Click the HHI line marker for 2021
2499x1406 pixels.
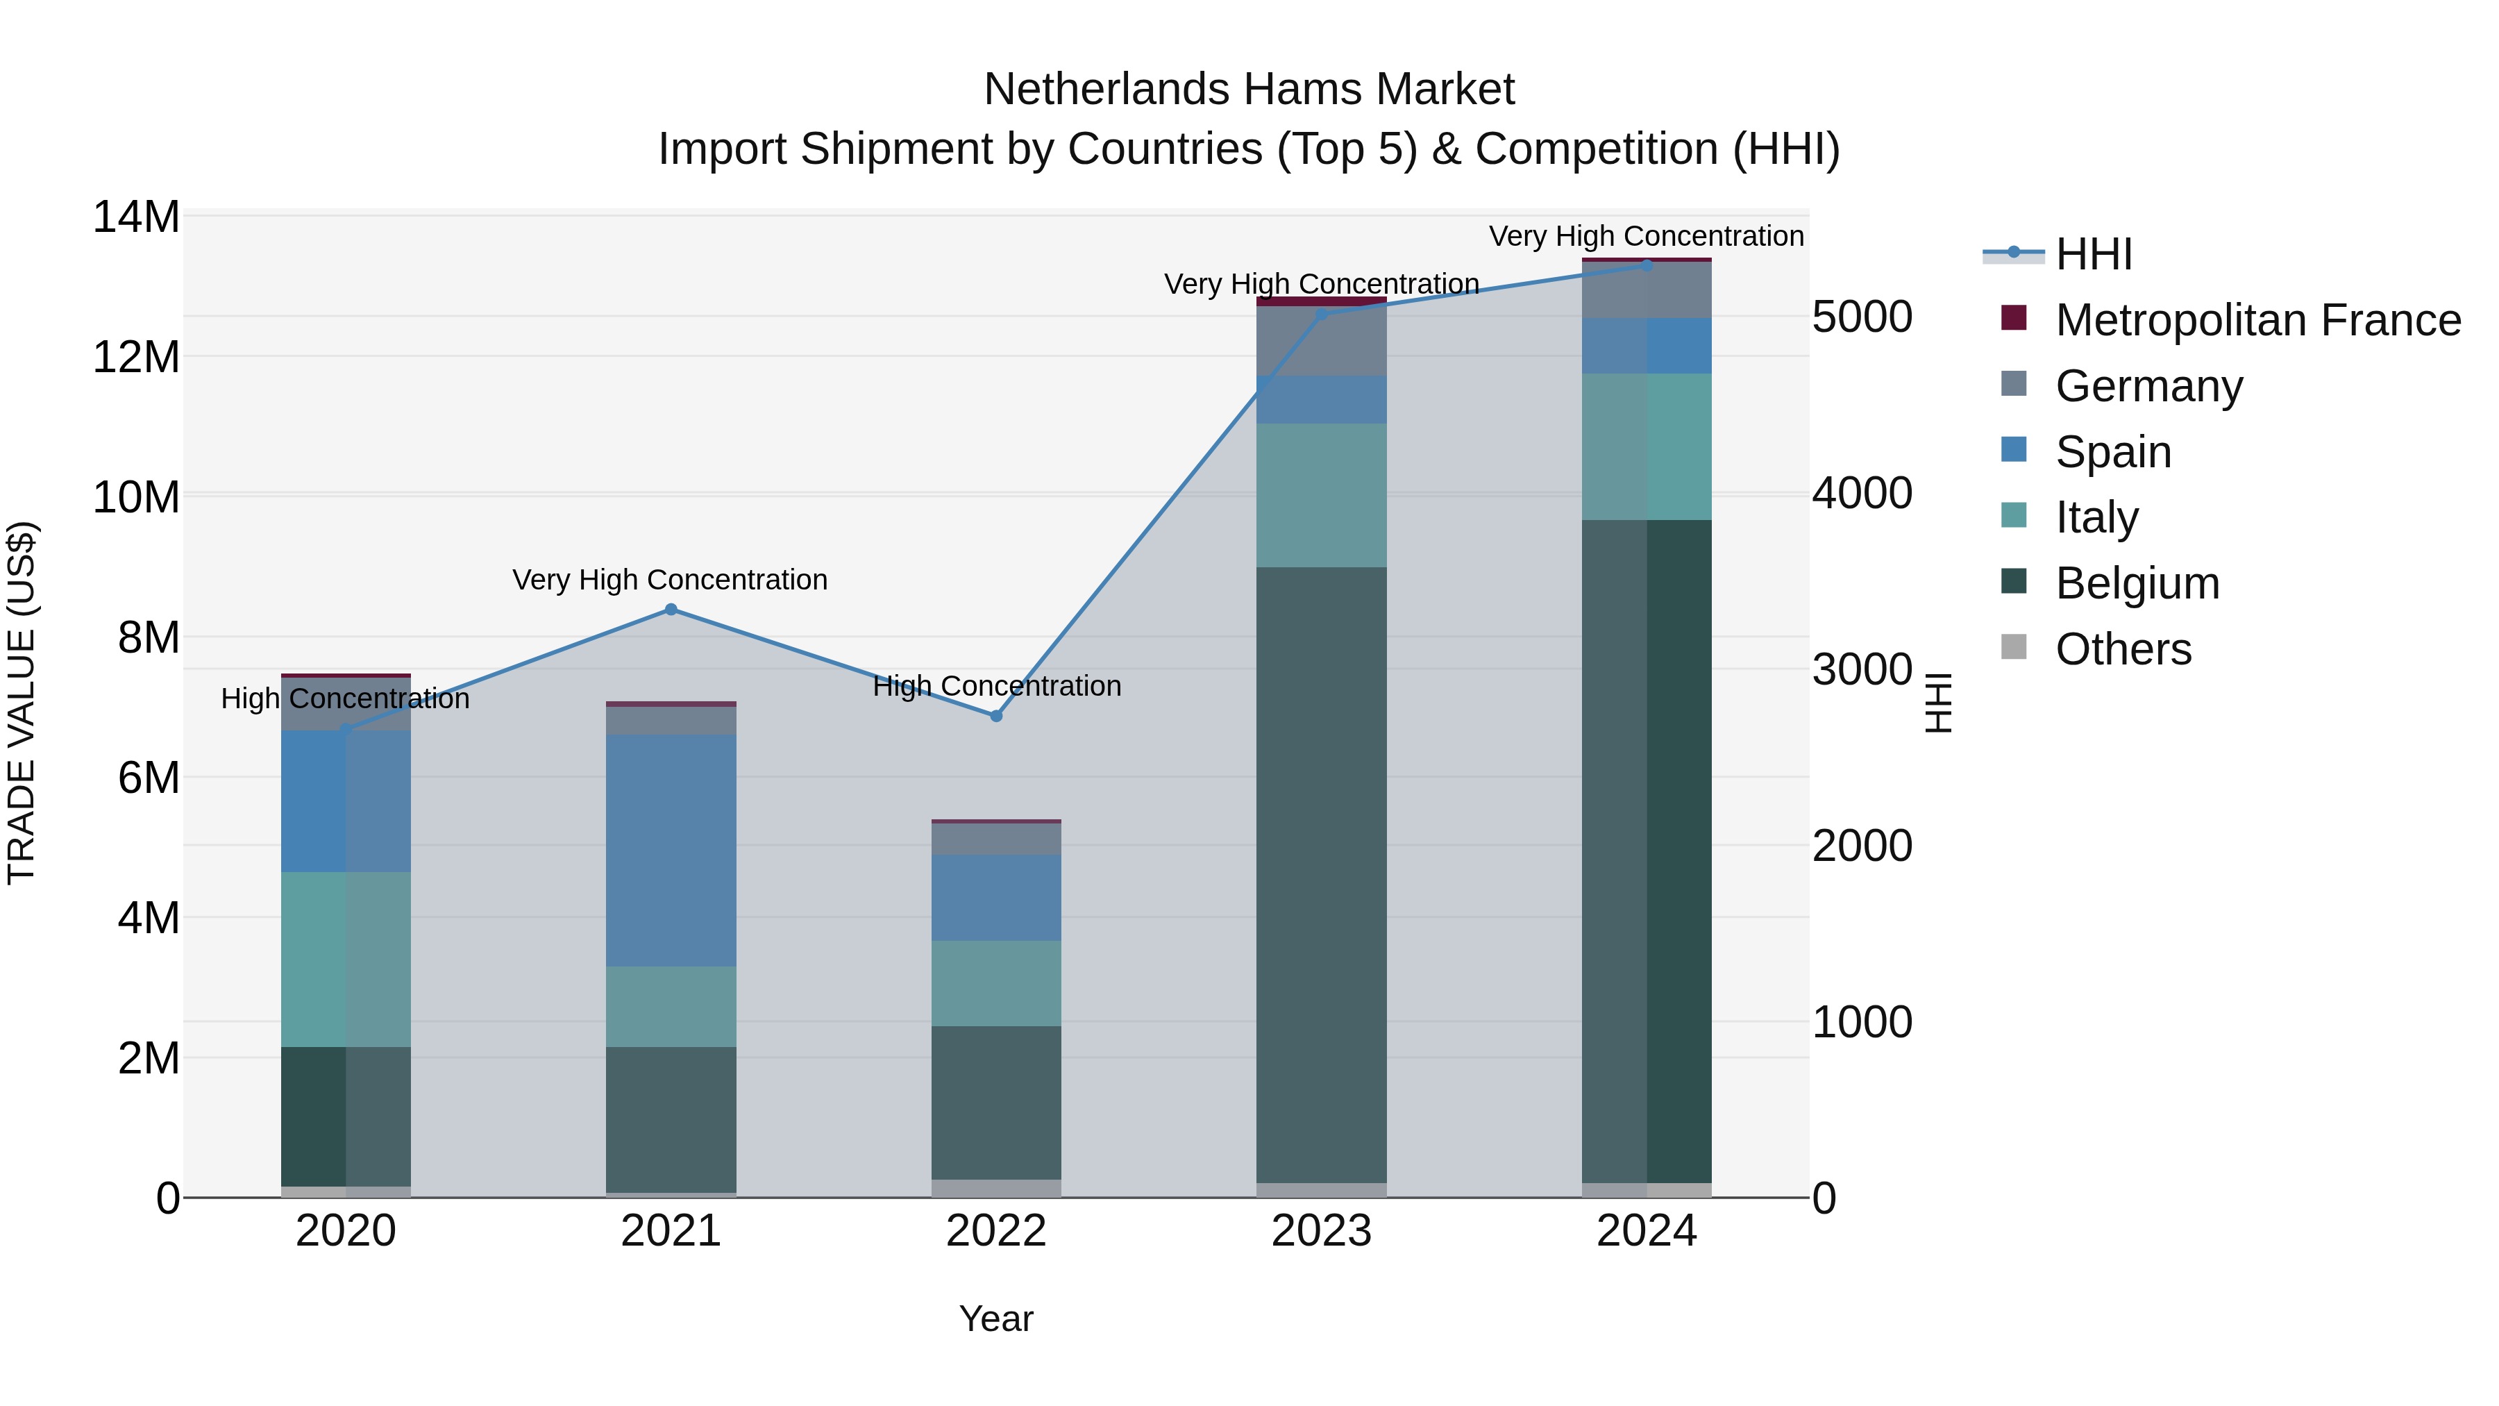pyautogui.click(x=671, y=610)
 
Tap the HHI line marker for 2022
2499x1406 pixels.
pyautogui.click(x=996, y=716)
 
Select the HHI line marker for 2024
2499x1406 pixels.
pyautogui.click(x=1647, y=265)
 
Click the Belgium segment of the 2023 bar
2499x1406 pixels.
pyautogui.click(x=1321, y=873)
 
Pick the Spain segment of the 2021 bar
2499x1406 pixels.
pyautogui.click(x=671, y=850)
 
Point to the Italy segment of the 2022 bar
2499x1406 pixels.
pyautogui.click(x=996, y=983)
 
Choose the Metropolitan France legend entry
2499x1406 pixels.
pyautogui.click(x=2257, y=320)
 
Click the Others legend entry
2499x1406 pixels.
pyautogui.click(x=2123, y=649)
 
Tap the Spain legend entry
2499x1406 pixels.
pyautogui.click(x=2113, y=452)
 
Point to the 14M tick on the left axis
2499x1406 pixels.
pyautogui.click(x=136, y=217)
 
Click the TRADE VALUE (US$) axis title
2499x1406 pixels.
pyautogui.click(x=22, y=703)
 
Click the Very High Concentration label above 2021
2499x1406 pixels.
pyautogui.click(x=671, y=580)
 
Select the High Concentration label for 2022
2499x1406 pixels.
pyautogui.click(x=996, y=686)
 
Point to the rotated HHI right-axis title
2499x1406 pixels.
pyautogui.click(x=1937, y=703)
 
